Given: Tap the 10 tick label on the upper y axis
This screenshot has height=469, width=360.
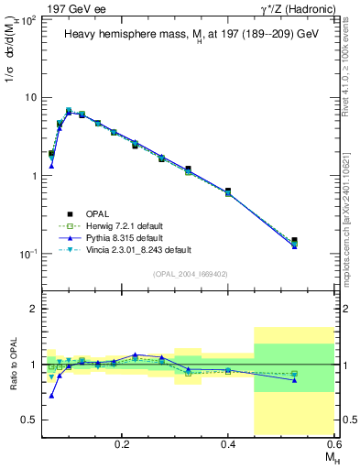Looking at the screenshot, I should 30,97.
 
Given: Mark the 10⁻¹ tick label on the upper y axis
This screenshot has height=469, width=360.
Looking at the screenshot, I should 27,254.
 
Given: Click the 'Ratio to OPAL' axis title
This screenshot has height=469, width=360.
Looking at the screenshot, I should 11,365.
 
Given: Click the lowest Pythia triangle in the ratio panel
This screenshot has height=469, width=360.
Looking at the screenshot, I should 51,396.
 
